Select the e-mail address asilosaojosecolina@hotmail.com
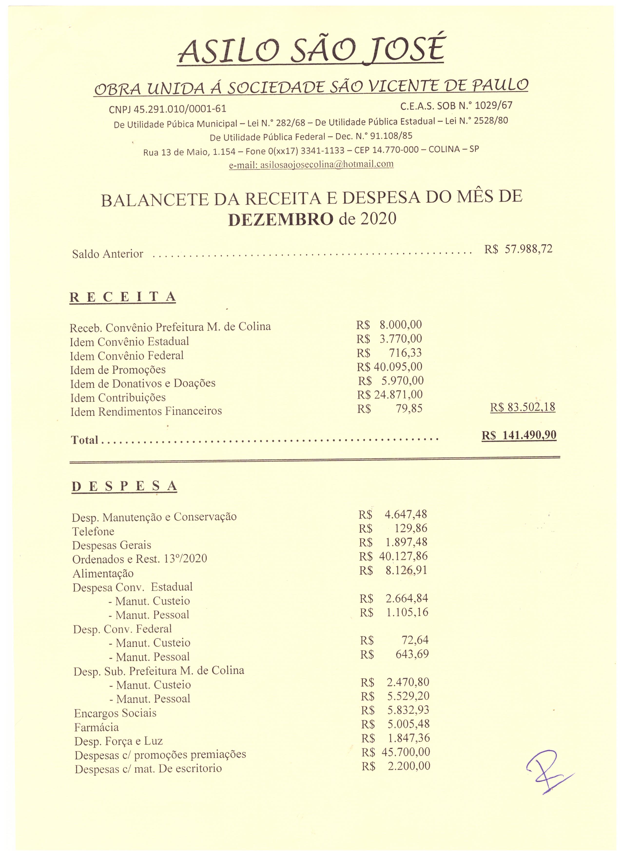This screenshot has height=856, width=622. (311, 165)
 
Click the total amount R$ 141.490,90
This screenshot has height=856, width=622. (519, 435)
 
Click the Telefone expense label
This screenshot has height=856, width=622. (93, 531)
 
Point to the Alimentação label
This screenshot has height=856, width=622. (103, 574)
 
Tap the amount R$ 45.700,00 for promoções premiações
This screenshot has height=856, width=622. (396, 752)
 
